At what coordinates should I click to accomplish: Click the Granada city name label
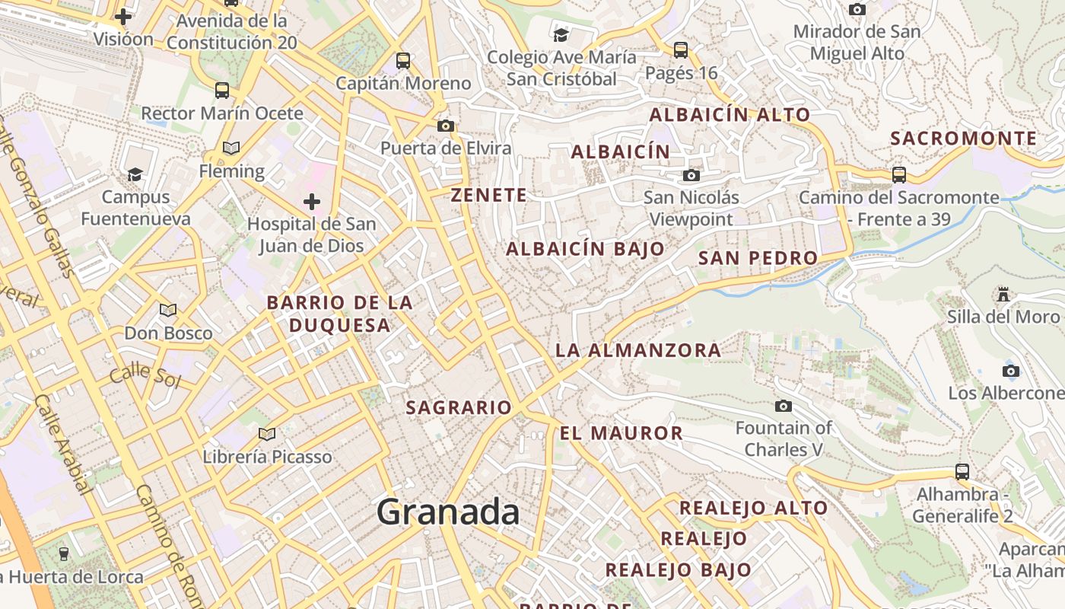pyautogui.click(x=448, y=512)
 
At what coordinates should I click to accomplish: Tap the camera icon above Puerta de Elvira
pyautogui.click(x=446, y=126)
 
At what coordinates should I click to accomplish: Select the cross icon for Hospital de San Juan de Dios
pyautogui.click(x=312, y=202)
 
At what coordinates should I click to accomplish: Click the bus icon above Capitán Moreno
pyautogui.click(x=403, y=61)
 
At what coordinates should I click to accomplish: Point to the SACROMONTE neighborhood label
pyautogui.click(x=963, y=139)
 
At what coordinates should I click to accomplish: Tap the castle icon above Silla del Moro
pyautogui.click(x=1003, y=295)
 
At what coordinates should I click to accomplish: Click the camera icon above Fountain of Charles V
pyautogui.click(x=784, y=406)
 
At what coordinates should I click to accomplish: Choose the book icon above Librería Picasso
pyautogui.click(x=267, y=434)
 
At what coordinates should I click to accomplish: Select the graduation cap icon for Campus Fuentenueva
pyautogui.click(x=135, y=174)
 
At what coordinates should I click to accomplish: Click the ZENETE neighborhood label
pyautogui.click(x=489, y=195)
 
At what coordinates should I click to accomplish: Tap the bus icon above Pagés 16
pyautogui.click(x=681, y=50)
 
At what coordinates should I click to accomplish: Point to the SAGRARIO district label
pyautogui.click(x=459, y=407)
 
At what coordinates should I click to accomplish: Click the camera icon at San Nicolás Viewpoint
pyautogui.click(x=691, y=176)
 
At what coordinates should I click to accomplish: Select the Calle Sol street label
pyautogui.click(x=145, y=376)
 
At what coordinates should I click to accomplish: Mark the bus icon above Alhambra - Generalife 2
pyautogui.click(x=962, y=471)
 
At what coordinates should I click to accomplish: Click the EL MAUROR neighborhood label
pyautogui.click(x=622, y=433)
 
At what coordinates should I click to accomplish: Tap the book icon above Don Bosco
pyautogui.click(x=168, y=311)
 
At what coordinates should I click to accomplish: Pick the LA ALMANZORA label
pyautogui.click(x=638, y=350)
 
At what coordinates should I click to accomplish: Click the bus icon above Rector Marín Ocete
pyautogui.click(x=222, y=91)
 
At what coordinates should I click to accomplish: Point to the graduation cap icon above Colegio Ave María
pyautogui.click(x=561, y=35)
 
